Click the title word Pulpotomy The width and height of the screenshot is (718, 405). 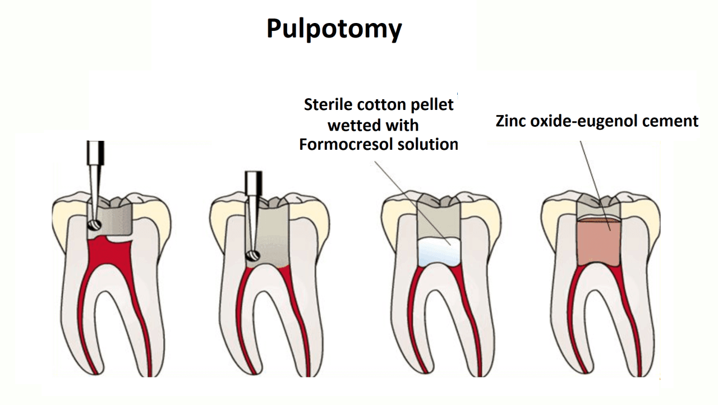(334, 29)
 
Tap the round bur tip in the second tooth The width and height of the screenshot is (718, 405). (252, 256)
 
